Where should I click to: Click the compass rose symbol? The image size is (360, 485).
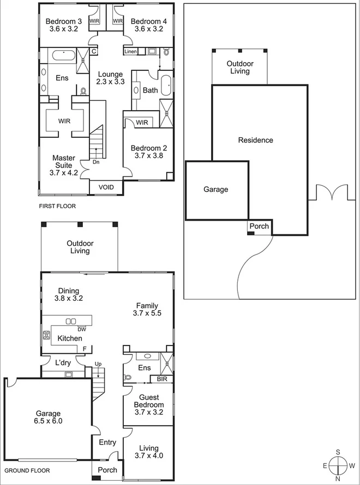point(338,465)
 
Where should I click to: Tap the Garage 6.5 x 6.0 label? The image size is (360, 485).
point(49,417)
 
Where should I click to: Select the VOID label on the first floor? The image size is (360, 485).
point(106,187)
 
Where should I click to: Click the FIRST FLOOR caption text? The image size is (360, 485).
point(57,206)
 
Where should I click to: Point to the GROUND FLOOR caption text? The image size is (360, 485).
point(27,470)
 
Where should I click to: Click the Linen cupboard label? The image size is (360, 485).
point(131,52)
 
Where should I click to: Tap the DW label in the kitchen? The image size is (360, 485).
point(81,329)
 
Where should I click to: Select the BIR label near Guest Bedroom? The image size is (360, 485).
point(161,379)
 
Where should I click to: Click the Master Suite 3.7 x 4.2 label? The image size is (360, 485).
point(64,165)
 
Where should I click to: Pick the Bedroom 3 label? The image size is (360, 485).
point(64,25)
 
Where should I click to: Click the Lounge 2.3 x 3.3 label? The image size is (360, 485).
point(110,78)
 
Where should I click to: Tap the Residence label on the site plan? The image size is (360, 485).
point(255,140)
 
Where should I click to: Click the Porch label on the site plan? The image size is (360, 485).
point(259,226)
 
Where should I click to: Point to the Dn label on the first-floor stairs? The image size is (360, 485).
point(95,162)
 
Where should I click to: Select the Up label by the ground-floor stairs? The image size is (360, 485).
point(98,363)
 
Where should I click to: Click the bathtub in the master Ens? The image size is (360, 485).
point(64,55)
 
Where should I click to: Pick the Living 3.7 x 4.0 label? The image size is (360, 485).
point(148,452)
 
